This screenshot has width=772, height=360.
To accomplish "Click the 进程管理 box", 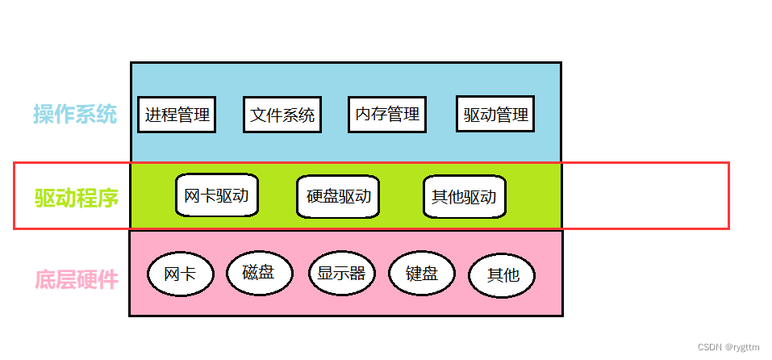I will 177,115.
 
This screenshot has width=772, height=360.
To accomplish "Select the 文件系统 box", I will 282,115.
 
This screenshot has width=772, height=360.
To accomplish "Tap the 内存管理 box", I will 386,114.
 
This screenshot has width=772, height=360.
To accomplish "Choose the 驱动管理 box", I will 495,115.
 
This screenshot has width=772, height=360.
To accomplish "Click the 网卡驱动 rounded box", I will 216,195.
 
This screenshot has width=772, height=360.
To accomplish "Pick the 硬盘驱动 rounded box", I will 338,196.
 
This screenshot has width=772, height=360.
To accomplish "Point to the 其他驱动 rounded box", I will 464,196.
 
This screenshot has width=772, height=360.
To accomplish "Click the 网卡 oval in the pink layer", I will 180,274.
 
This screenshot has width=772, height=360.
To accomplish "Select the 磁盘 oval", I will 258,272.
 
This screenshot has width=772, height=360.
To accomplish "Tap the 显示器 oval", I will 341,273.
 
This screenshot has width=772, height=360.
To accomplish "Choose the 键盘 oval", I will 421,273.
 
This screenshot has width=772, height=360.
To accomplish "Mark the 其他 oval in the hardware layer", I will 503,275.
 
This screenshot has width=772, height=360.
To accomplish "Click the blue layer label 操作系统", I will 75,114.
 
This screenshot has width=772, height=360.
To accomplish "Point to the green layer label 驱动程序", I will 77,197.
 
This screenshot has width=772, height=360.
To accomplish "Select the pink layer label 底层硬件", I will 77,279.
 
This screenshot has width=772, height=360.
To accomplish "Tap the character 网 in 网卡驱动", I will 192,195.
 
